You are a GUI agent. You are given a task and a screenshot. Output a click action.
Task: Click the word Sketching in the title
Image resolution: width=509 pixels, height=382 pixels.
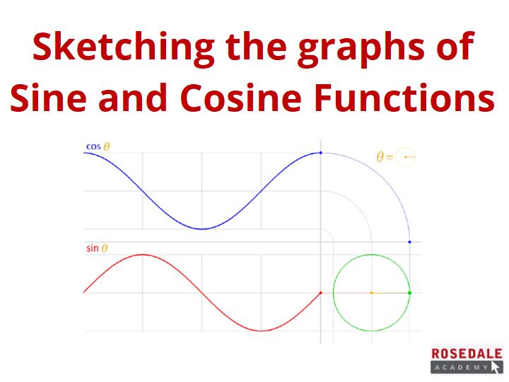[x=123, y=48]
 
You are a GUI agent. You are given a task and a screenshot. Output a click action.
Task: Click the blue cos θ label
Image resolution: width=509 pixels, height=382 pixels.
[x=98, y=146]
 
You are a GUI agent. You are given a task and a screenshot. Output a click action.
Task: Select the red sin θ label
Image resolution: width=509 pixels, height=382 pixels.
[x=97, y=248]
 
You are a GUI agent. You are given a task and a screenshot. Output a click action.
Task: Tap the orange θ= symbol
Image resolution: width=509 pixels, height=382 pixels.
[x=385, y=157]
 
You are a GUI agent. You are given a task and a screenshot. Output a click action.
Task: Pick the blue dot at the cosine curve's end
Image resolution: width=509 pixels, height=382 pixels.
[x=321, y=153]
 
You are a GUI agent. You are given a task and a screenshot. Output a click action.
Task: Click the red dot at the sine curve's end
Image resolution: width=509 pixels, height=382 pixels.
[x=321, y=293]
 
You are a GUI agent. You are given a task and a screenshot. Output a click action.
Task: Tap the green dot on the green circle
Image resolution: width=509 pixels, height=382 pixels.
[x=409, y=293]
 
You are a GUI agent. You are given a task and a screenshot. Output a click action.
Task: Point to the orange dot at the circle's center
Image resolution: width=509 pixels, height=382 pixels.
[x=372, y=293]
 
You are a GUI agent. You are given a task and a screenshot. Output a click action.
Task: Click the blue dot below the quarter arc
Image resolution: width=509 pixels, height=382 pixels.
[x=409, y=242]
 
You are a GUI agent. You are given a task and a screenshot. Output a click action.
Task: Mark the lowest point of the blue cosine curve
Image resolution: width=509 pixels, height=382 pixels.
[x=201, y=229]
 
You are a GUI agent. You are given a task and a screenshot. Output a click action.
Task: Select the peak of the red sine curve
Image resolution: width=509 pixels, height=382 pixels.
[x=143, y=255]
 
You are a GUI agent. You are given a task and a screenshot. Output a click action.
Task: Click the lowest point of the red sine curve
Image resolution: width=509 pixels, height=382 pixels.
[x=262, y=331]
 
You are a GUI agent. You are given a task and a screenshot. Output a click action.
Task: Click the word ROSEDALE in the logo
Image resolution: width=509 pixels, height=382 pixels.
[x=467, y=354]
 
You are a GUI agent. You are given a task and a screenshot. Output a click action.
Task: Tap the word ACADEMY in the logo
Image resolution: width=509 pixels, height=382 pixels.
[x=461, y=367]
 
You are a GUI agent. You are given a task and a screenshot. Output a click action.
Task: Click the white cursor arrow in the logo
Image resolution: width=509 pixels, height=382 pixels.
[x=496, y=368]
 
